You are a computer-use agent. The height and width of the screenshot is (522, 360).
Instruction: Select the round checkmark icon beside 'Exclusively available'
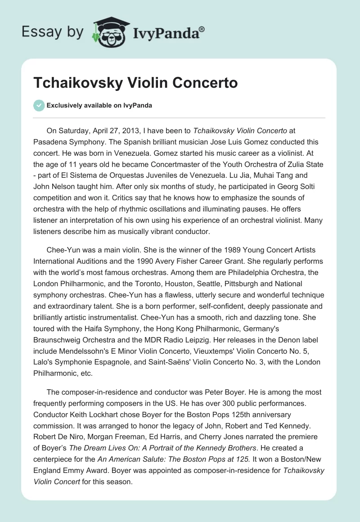pos(39,105)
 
